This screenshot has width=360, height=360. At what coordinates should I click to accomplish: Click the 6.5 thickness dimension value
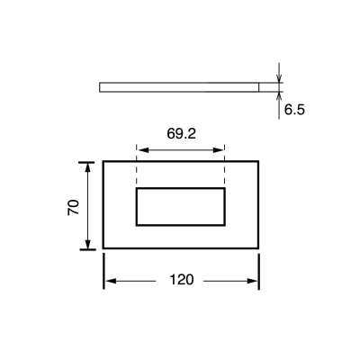click(x=294, y=110)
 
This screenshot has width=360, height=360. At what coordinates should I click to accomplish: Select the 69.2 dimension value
click(x=181, y=133)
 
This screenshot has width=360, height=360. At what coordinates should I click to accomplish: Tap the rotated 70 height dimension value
click(x=74, y=207)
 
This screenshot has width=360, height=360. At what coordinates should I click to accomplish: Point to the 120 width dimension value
click(x=182, y=280)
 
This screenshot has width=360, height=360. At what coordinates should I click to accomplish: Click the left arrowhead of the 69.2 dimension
click(x=143, y=150)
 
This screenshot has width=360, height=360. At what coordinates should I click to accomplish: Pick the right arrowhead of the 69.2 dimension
click(x=218, y=150)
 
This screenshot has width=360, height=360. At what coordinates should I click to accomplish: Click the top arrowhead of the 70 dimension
click(x=87, y=167)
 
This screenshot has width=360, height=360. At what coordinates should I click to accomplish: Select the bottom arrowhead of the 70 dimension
click(x=87, y=244)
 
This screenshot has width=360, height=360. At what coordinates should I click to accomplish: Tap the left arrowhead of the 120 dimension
click(x=111, y=281)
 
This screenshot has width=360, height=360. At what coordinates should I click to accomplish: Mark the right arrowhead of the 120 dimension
click(x=252, y=281)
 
